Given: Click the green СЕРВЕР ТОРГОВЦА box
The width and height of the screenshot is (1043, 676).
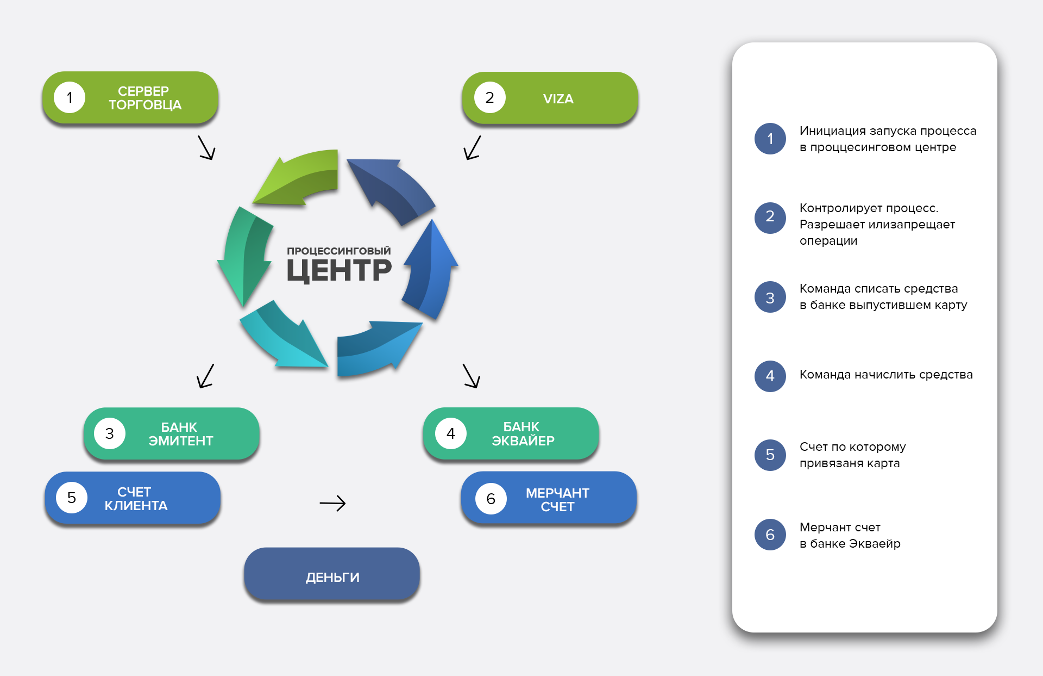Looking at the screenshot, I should point(130,98).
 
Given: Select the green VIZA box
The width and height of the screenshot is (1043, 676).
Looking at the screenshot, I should point(550,98).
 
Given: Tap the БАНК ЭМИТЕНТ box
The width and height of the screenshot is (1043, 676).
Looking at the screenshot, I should point(172,434).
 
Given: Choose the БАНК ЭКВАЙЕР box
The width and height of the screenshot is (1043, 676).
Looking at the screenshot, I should point(511,433).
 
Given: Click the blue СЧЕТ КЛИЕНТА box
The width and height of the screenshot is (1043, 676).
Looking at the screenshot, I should point(133,498).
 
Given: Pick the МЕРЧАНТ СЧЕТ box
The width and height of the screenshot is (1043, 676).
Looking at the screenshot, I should point(549,499).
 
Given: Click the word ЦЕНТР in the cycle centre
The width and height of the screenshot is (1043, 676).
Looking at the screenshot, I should point(339,270).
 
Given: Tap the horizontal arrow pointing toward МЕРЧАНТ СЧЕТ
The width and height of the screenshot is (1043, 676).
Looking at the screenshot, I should point(332,503).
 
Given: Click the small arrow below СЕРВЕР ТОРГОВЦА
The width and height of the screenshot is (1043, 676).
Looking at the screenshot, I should point(206,147).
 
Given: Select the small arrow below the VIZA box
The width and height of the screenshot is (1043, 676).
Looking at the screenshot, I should point(472,147).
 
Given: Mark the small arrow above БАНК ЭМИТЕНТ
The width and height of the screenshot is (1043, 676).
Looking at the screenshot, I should point(205,376).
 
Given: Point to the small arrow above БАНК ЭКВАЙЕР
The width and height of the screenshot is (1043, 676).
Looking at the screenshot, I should point(472,376).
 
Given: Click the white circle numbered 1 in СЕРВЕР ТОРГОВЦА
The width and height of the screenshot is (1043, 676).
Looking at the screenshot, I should point(70,97).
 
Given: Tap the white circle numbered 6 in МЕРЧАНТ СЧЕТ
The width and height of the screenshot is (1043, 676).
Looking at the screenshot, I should point(491,499).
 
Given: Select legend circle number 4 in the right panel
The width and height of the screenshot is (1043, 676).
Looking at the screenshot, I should point(770,376).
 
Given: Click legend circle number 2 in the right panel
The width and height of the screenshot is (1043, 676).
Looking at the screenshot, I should point(770,218).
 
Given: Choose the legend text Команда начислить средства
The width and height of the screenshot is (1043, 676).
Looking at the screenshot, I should point(885,375).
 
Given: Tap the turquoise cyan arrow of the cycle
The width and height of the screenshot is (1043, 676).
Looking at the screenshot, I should point(282,337).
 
